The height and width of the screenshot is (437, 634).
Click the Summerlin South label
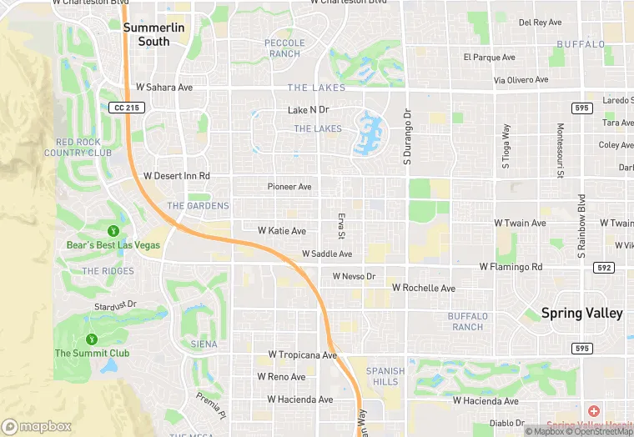pos(147,34)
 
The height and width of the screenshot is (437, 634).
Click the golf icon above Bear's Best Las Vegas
pos(113,230)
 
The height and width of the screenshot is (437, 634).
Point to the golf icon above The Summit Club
pos(92,339)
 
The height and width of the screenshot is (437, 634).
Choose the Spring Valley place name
pos(581,314)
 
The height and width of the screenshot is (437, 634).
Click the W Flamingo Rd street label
pos(511,267)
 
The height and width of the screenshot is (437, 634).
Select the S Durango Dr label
pos(408,137)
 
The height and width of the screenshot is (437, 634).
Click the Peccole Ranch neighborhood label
pos(284,48)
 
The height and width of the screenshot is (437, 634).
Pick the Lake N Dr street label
pos(309,110)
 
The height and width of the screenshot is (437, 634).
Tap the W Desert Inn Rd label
pos(176,176)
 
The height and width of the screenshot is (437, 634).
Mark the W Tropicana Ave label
pos(296,355)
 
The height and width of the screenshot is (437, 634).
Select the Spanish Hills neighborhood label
pos(385,376)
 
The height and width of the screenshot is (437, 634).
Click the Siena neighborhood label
pos(204,344)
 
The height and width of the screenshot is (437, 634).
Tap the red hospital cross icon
pos(593,412)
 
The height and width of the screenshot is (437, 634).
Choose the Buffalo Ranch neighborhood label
pos(465,321)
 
